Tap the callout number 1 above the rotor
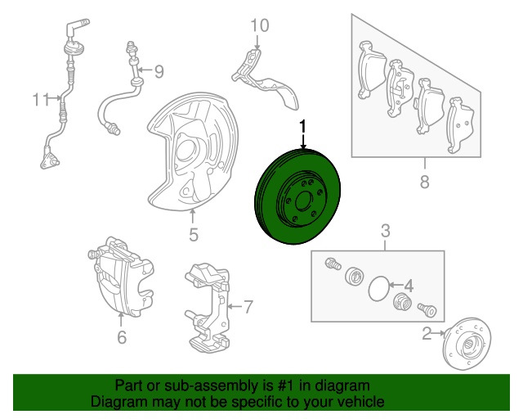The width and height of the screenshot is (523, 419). point(303,127)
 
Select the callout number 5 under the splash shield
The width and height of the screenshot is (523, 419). point(194,235)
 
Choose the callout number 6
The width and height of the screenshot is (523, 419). point(122,337)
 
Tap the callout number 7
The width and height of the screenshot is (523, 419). point(248,307)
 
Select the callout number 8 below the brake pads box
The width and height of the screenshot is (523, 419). point(424,182)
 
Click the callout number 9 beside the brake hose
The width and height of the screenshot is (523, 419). point(159,71)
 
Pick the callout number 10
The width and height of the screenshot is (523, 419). point(260,25)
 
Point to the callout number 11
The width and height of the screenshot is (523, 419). point(41,99)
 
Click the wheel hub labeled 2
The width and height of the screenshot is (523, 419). point(467,344)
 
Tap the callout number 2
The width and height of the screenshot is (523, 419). point(427,333)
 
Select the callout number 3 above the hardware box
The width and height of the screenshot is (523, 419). point(385,231)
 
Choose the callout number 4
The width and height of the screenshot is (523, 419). point(409,286)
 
